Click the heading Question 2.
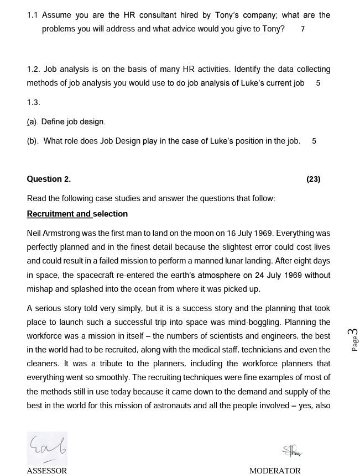click(x=49, y=179)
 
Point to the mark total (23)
click(x=313, y=179)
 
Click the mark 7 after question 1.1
click(x=302, y=29)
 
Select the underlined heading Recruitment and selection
click(x=77, y=214)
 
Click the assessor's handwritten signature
click(x=47, y=448)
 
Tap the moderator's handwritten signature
click(x=292, y=451)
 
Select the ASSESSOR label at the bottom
click(x=47, y=471)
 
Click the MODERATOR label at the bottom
click(x=275, y=471)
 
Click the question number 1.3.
click(x=33, y=102)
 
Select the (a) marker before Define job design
click(x=32, y=122)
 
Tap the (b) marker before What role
click(x=33, y=141)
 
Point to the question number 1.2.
click(x=33, y=69)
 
